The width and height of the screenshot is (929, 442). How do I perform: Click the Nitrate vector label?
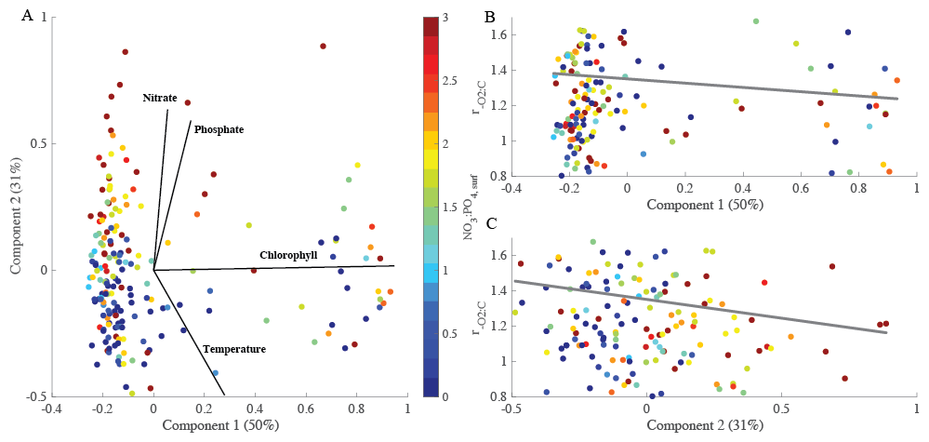point(160,97)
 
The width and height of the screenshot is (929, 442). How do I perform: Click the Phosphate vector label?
point(219,129)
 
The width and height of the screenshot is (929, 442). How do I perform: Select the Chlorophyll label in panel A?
point(288,254)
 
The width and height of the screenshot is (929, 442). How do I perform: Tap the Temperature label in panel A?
point(234,349)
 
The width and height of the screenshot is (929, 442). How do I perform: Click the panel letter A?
point(26,14)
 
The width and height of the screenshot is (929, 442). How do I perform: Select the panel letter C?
point(489,223)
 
